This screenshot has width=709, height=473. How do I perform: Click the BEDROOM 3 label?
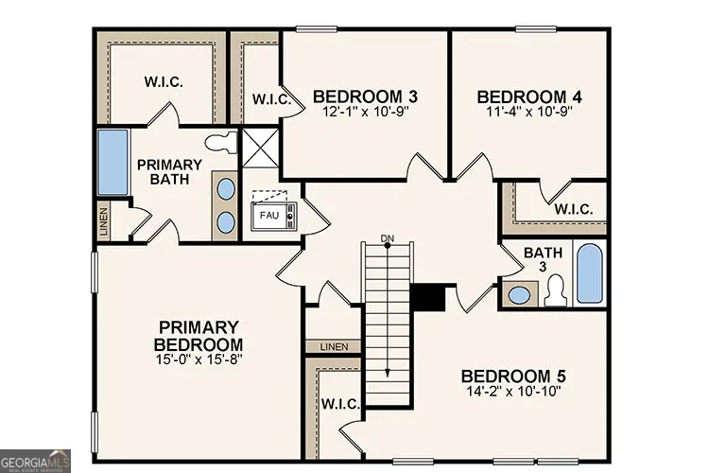[x=365, y=96]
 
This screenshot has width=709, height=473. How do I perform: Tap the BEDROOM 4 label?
[x=528, y=96]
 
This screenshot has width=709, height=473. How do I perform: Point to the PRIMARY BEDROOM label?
[x=199, y=335]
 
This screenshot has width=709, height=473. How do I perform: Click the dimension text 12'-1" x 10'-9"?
[x=365, y=112]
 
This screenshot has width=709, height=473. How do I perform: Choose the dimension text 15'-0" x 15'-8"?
[x=199, y=359]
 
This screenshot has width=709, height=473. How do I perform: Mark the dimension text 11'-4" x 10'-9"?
[x=528, y=112]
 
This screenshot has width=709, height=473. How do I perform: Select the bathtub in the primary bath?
[x=113, y=164]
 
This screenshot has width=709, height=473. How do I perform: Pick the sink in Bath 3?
[x=518, y=294]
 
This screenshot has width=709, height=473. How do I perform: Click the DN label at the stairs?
[x=387, y=236]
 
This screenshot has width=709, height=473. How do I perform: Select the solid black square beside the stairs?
[x=429, y=297]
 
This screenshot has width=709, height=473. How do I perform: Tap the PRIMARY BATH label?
[x=169, y=171]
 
